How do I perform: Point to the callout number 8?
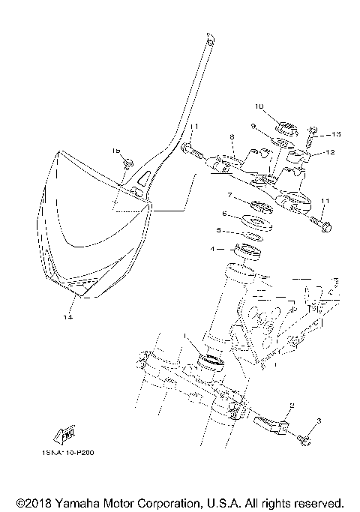point(232,137)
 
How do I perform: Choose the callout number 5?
point(219,230)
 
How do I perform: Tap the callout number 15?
point(116,151)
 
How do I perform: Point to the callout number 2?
point(291,405)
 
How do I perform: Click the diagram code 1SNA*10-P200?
point(69,453)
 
